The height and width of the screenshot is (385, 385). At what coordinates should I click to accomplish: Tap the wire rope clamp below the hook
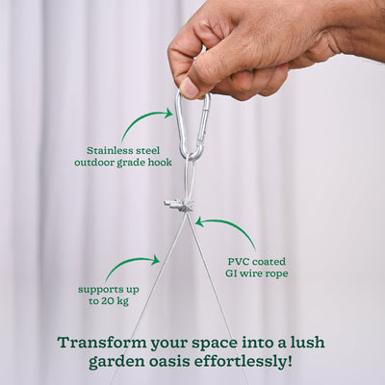coord(180,204)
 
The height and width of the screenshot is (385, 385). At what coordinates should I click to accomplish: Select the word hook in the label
coord(159,163)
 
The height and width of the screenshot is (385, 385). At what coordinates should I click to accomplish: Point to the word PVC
coord(240,261)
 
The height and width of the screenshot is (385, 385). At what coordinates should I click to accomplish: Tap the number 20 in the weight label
coord(110,301)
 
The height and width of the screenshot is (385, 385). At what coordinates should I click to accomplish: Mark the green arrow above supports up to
coord(129,264)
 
